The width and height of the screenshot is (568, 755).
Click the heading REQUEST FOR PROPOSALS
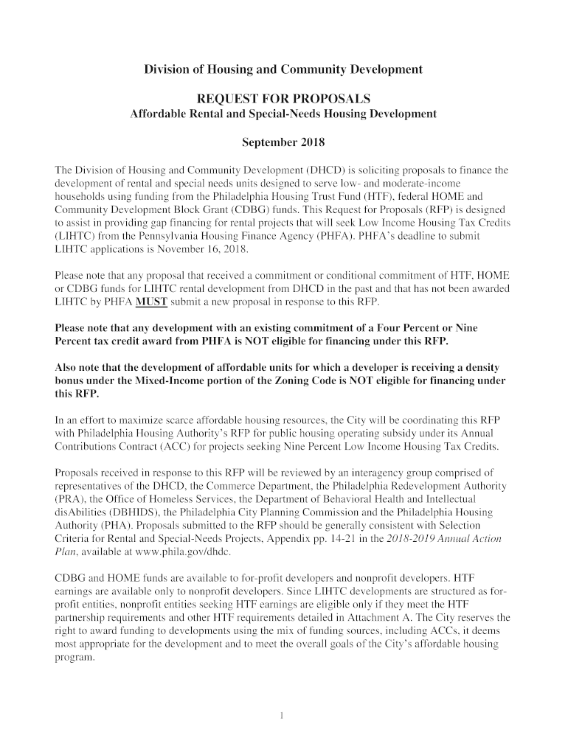(x=283, y=98)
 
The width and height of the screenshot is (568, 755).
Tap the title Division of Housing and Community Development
(x=283, y=69)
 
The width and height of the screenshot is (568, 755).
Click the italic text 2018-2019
(x=398, y=538)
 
